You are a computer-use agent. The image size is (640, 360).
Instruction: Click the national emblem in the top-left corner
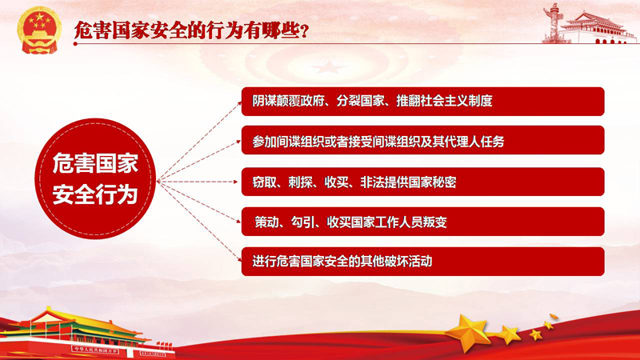click(x=39, y=30)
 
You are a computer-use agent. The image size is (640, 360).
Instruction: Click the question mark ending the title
click(x=304, y=32)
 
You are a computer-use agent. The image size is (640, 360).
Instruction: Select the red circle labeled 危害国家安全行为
click(x=95, y=178)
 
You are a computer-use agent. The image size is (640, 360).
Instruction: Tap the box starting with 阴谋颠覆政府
click(x=423, y=102)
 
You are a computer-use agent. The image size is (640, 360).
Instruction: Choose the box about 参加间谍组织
click(x=423, y=141)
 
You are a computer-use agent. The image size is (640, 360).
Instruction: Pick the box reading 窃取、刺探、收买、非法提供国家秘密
click(x=423, y=182)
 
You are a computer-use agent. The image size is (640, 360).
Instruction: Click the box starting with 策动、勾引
click(x=423, y=222)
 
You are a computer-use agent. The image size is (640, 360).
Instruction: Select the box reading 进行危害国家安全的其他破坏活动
click(x=423, y=262)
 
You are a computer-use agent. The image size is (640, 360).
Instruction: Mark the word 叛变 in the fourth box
click(x=435, y=222)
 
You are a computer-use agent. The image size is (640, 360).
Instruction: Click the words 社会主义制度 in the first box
click(x=456, y=101)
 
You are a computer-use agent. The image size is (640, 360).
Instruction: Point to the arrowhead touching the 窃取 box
click(x=235, y=182)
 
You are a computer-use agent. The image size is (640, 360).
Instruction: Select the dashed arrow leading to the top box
click(x=198, y=142)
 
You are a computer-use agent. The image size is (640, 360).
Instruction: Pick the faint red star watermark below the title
click(x=329, y=67)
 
